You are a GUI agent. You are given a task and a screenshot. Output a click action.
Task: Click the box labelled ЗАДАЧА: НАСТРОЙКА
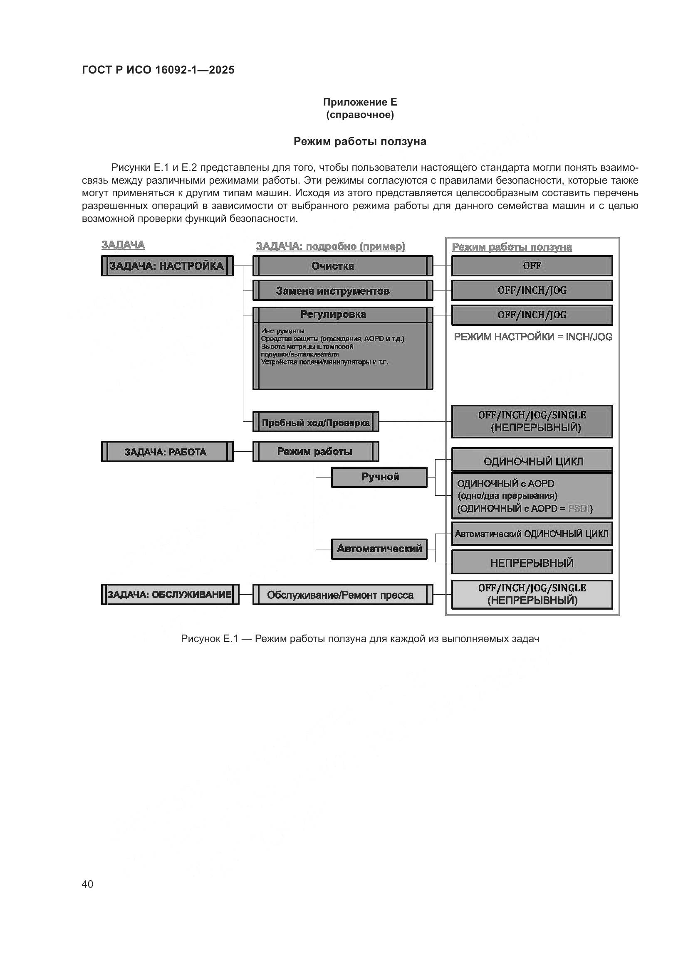(x=167, y=266)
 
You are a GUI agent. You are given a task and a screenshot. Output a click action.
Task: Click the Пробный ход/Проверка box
(x=316, y=422)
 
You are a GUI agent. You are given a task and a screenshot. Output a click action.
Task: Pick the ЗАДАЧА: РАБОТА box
(x=167, y=452)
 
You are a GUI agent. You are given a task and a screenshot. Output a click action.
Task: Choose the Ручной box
(x=380, y=477)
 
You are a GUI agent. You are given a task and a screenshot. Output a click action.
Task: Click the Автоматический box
(x=379, y=549)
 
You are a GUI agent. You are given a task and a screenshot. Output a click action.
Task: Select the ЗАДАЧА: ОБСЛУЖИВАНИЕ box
(x=170, y=594)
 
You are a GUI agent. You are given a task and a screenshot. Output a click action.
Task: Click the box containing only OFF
(x=532, y=266)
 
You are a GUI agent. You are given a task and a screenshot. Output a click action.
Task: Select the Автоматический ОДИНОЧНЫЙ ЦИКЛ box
(x=532, y=534)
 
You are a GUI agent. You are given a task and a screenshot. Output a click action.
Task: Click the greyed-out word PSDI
(x=579, y=508)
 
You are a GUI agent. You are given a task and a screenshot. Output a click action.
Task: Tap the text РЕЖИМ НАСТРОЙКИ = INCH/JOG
(x=533, y=337)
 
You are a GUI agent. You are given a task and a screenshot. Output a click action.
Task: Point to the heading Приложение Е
(x=360, y=102)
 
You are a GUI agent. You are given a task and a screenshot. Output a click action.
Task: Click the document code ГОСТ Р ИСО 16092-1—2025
(x=158, y=70)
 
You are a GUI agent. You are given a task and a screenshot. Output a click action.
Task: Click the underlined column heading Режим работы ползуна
(x=512, y=247)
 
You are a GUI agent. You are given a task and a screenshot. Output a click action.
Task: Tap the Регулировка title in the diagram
(x=333, y=315)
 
